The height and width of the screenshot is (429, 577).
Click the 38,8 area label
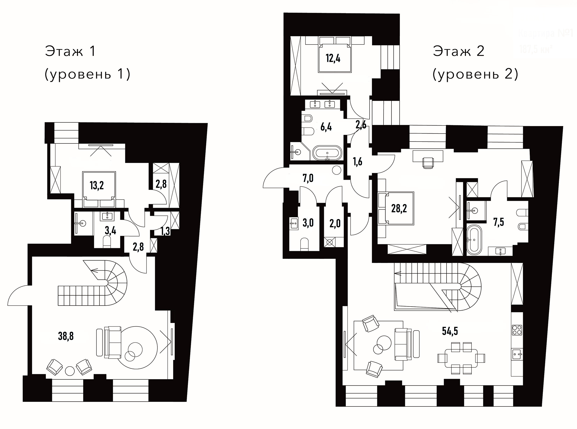(66, 336)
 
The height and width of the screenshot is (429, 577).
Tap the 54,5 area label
(450, 331)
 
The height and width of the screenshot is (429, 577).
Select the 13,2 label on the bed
(97, 186)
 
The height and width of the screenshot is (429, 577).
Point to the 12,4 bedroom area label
(333, 58)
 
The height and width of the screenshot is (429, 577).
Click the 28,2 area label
(399, 209)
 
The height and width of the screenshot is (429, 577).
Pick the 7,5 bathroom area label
(498, 222)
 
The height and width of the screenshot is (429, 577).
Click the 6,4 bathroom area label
(326, 127)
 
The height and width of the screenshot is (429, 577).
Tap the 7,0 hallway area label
(308, 178)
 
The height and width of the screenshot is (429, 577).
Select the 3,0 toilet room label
(308, 223)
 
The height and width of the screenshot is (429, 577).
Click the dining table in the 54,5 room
(461, 358)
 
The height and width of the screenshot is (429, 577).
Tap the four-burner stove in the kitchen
(517, 330)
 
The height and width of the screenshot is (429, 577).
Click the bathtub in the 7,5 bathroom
(474, 240)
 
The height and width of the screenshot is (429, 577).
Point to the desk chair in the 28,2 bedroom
(427, 162)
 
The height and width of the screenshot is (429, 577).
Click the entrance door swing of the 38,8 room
(19, 296)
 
